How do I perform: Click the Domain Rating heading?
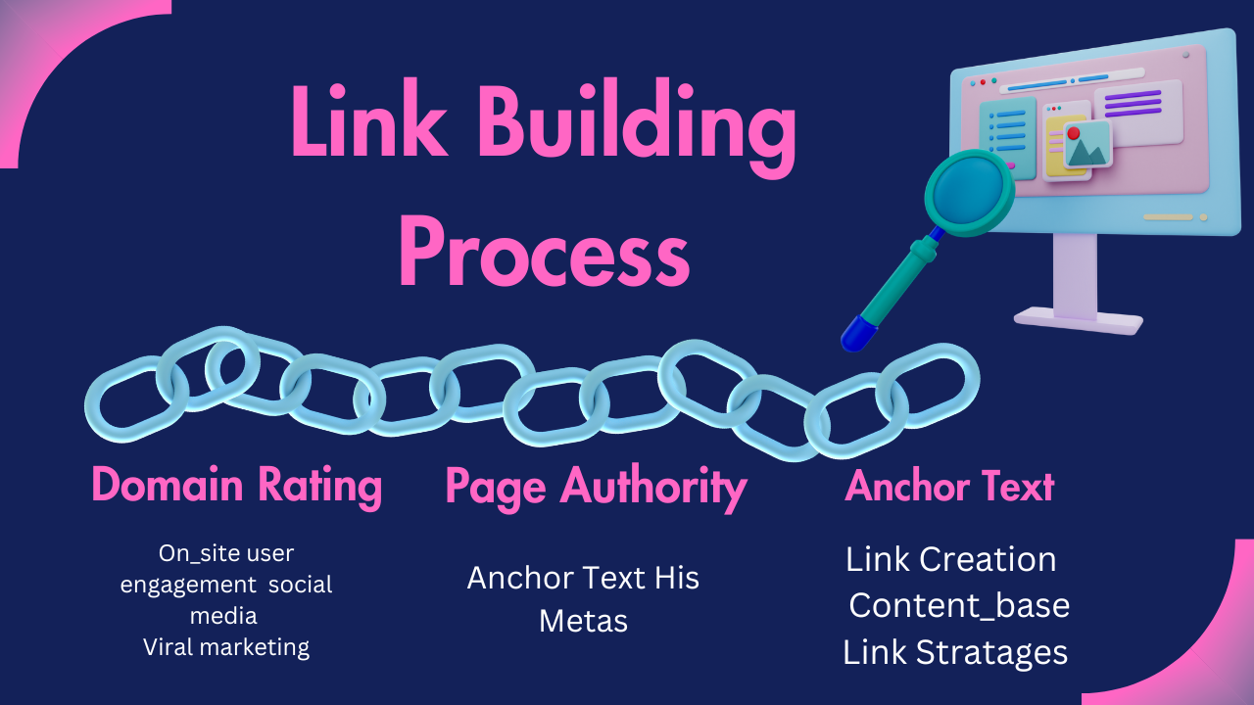pos(236,486)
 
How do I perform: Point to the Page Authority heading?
pos(596,488)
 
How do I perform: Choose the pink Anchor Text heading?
pos(949,487)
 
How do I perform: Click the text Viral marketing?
pos(226,647)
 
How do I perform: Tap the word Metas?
pos(583,621)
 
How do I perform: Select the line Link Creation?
pos(950,559)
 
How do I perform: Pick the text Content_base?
pos(958,605)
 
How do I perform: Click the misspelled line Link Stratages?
pos(954,652)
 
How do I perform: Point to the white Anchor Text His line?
pos(583,578)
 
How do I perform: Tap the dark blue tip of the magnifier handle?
pos(856,333)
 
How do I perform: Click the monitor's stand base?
pos(1078,319)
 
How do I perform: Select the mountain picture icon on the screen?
pos(1087,145)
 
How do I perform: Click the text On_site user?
pos(226,553)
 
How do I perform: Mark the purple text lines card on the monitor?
pos(1136,105)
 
